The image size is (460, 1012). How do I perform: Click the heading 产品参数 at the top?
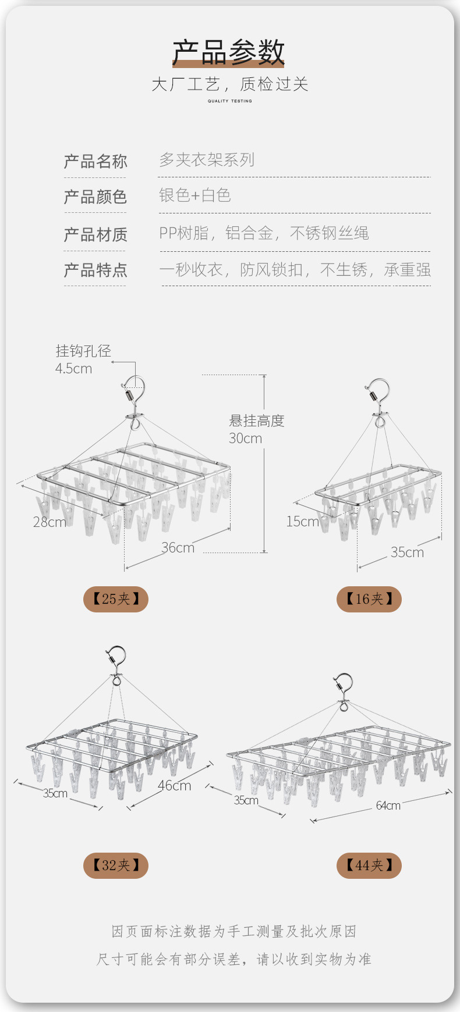click(228, 53)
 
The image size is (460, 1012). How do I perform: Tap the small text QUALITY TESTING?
click(230, 101)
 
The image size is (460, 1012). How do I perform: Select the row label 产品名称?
click(95, 161)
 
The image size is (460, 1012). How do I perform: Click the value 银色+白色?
click(195, 195)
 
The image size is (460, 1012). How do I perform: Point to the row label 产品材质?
click(95, 234)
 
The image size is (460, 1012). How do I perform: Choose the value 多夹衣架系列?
click(207, 160)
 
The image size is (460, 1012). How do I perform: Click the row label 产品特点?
click(95, 270)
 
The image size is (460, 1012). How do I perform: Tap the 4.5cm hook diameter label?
click(74, 368)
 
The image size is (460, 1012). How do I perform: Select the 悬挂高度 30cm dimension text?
click(256, 429)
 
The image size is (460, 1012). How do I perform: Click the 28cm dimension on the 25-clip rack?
click(49, 522)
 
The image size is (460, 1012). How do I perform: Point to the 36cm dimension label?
click(178, 547)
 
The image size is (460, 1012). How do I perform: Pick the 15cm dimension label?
click(302, 521)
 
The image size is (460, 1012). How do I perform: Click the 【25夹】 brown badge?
click(116, 599)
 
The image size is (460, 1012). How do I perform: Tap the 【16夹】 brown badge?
click(369, 599)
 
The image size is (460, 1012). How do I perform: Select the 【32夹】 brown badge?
click(116, 865)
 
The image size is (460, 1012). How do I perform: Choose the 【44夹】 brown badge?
click(369, 865)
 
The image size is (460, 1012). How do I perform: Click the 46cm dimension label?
click(174, 785)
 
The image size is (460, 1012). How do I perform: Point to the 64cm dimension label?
click(388, 806)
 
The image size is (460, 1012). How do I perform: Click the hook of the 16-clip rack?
click(378, 391)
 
